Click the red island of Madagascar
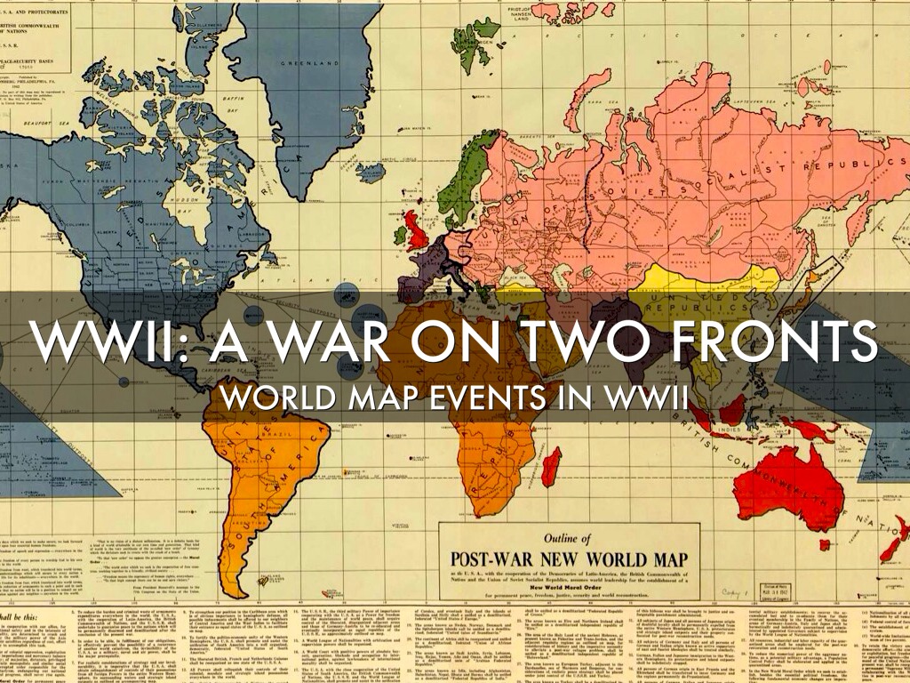[551, 465]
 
